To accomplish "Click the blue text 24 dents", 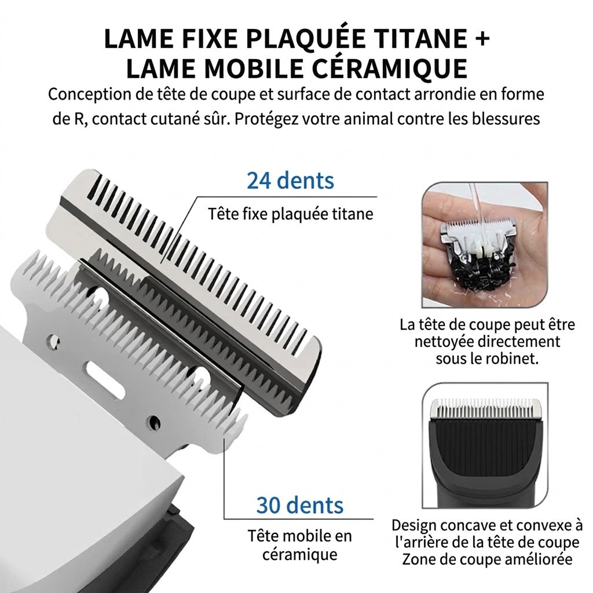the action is coord(291,180).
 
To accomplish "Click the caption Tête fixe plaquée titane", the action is coord(291,214).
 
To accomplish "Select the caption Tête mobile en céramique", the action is coord(299,545).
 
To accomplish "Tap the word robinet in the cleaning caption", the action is coord(513,358).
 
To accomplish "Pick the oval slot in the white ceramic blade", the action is coord(105,379).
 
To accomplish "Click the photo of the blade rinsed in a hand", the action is coord(485,245).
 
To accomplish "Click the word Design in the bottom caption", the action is coord(415,526).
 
